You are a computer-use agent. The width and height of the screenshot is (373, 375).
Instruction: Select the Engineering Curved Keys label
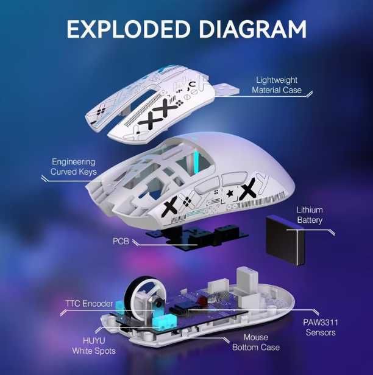click(x=73, y=167)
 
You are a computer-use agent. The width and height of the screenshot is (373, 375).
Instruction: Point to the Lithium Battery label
click(x=310, y=215)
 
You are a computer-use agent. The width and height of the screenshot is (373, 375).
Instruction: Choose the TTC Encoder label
click(x=89, y=303)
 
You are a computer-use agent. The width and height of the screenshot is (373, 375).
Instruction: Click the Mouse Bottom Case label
click(x=256, y=342)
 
